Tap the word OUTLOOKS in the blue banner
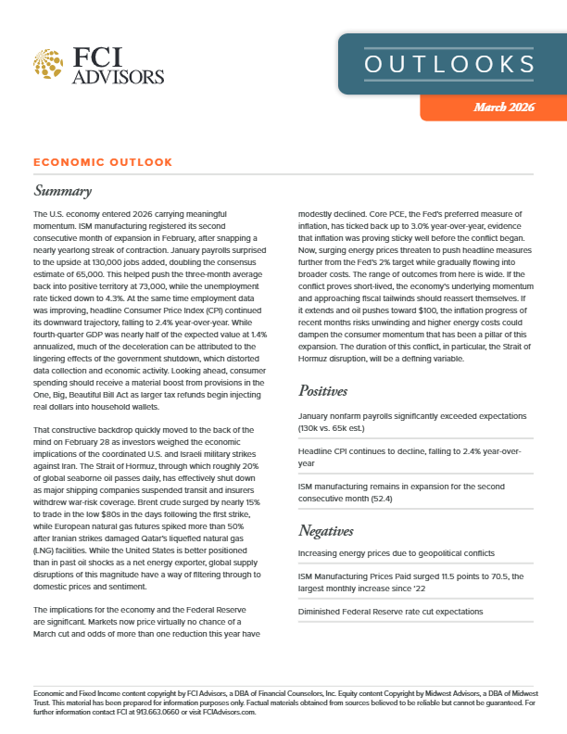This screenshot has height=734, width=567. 449,64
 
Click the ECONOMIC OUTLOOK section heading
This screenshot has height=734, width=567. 102,162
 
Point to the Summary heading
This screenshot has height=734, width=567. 62,192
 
